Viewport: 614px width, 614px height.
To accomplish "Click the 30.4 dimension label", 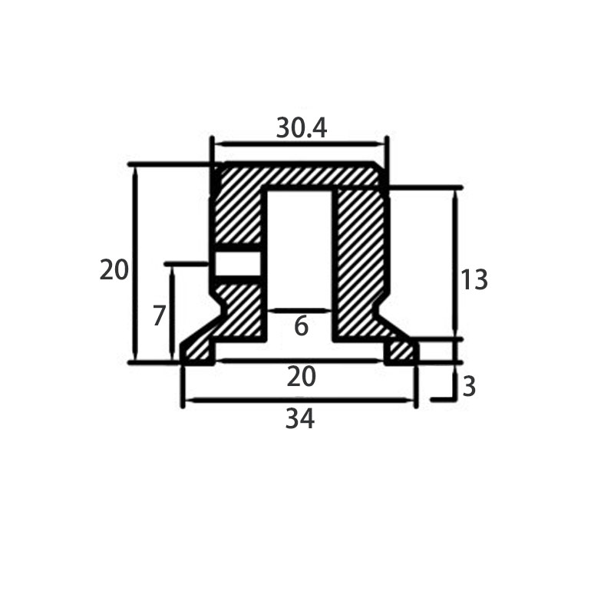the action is pos(301,128).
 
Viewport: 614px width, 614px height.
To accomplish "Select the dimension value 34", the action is pos(300,418).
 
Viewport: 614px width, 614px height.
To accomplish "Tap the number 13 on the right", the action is pos(474,279).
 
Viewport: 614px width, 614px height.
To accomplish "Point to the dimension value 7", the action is pos(159,315).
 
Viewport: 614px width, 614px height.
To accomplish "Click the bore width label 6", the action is pos(301,325).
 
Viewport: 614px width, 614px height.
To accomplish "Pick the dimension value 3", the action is pos(469,387).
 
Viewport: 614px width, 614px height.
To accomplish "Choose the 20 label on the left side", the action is pos(114,270).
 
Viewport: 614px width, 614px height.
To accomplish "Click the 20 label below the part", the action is pos(301,377).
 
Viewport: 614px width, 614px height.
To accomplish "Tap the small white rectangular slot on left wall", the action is pos(238,263).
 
